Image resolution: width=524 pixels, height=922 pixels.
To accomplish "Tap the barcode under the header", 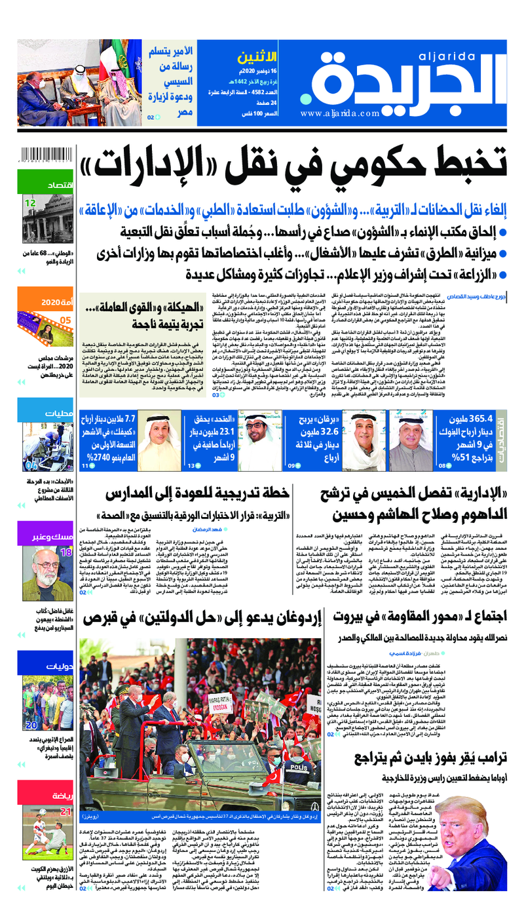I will click(46, 155).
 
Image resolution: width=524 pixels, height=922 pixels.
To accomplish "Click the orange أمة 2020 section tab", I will click(45, 303).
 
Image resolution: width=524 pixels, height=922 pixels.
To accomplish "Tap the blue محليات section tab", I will click(45, 414).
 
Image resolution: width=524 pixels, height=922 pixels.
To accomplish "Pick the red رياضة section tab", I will click(45, 794).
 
